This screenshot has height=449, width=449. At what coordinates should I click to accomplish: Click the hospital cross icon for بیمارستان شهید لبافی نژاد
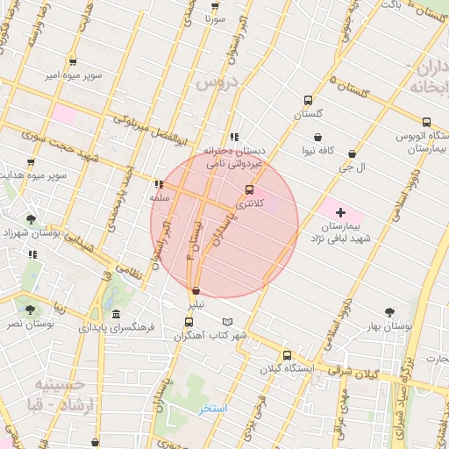point(340,213)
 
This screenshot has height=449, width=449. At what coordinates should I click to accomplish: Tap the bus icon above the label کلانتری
point(249,189)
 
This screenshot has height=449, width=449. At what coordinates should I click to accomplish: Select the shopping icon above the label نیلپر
point(196,290)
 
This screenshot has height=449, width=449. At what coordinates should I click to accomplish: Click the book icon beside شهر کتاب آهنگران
point(229,322)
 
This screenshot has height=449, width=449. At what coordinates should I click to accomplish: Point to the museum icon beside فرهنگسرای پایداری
point(117,316)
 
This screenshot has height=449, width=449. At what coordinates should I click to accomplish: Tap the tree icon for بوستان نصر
point(32,310)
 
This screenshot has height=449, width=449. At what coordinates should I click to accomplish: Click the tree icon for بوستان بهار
point(389,311)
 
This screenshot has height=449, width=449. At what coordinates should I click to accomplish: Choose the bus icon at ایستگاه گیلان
point(287,355)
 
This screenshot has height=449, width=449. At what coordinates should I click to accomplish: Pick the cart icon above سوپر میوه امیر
point(72,62)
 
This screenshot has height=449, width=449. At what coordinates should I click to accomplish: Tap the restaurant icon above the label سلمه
point(158,185)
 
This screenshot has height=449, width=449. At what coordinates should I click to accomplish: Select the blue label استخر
point(212,409)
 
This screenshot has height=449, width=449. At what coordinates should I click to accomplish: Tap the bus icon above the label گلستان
point(307,101)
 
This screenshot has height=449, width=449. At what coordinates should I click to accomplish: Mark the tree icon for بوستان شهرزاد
point(32,219)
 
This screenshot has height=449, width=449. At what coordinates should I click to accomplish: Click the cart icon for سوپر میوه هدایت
point(31,162)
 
